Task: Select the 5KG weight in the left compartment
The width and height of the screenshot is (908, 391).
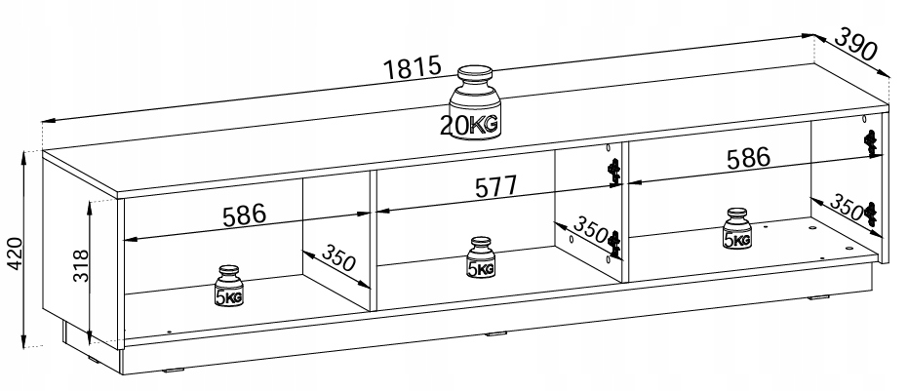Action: pyautogui.click(x=228, y=289)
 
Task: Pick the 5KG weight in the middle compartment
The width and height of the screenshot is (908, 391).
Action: pyautogui.click(x=480, y=261)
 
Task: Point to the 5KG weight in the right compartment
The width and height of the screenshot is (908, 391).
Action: pyautogui.click(x=737, y=231)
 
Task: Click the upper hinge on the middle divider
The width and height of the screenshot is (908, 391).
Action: pyautogui.click(x=613, y=171)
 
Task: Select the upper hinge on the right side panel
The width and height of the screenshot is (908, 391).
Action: pyautogui.click(x=871, y=141)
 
